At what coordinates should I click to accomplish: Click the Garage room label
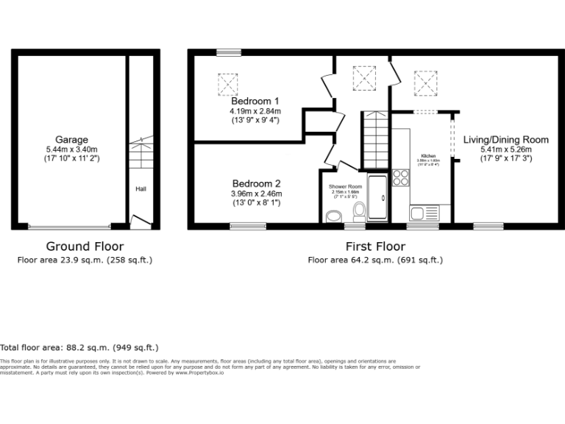pyautogui.click(x=71, y=140)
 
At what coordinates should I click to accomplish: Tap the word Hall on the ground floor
pyautogui.click(x=140, y=189)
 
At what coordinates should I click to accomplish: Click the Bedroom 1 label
pyautogui.click(x=255, y=101)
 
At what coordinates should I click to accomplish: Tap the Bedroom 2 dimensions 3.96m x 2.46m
pyautogui.click(x=257, y=194)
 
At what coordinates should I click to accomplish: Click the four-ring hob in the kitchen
pyautogui.click(x=402, y=177)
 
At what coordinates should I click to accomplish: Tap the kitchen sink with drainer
pyautogui.click(x=424, y=213)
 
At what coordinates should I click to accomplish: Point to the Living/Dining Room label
pyautogui.click(x=505, y=139)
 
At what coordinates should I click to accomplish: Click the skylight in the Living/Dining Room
pyautogui.click(x=424, y=82)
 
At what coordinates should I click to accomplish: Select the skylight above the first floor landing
pyautogui.click(x=364, y=77)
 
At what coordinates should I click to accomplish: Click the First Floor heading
pyautogui.click(x=374, y=247)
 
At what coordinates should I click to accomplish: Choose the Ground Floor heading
pyautogui.click(x=85, y=247)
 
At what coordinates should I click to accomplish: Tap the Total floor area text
pyautogui.click(x=79, y=347)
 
